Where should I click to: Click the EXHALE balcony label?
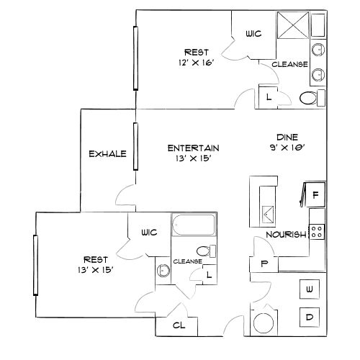pyautogui.click(x=107, y=154)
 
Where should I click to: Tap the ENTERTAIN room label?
pyautogui.click(x=193, y=148)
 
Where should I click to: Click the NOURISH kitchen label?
pyautogui.click(x=283, y=234)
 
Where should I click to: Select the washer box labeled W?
pyautogui.click(x=310, y=289)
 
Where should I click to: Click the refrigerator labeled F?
pyautogui.click(x=315, y=194)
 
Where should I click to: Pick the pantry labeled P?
pyautogui.click(x=264, y=264)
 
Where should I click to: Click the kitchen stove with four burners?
pyautogui.click(x=318, y=231)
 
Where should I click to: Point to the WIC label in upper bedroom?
pyautogui.click(x=252, y=33)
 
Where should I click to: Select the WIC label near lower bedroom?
pyautogui.click(x=149, y=233)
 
